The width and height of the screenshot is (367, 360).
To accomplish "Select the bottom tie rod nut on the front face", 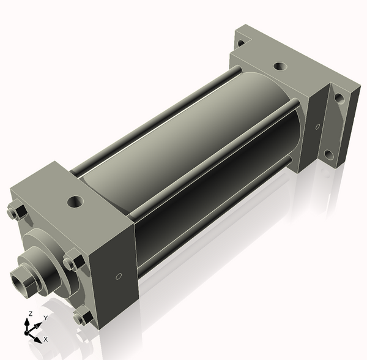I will pos(81,317).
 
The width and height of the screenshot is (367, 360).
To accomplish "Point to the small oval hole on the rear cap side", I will pos(317,127).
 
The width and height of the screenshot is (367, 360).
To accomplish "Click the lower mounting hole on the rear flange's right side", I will pos(328,154).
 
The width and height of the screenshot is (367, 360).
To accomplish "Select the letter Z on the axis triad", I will pos(29,314).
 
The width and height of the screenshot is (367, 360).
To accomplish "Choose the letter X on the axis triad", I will pos(46,339).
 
